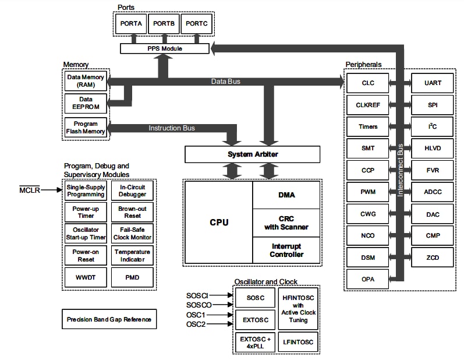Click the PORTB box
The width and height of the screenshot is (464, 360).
(165, 24)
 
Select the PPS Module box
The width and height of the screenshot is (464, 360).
(164, 48)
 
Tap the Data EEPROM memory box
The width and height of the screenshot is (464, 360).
(86, 103)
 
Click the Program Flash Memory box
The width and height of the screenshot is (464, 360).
(86, 127)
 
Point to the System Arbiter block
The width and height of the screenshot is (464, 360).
(252, 154)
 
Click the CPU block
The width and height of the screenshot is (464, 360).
(219, 222)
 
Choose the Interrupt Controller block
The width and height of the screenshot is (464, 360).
(286, 250)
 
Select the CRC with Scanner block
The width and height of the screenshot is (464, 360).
(286, 223)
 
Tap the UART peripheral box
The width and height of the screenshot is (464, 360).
(433, 83)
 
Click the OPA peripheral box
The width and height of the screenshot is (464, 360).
(368, 279)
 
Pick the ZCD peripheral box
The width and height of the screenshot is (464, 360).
(433, 257)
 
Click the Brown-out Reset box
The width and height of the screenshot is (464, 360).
(132, 212)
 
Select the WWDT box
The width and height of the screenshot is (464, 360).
(86, 277)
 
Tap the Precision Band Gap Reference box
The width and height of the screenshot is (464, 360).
(109, 319)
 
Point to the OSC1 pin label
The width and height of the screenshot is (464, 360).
(196, 315)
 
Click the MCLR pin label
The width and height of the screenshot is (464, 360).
(29, 190)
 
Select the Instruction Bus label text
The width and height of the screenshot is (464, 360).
(172, 128)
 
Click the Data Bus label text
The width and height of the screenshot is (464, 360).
(225, 82)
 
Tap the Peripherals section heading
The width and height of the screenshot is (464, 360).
(364, 63)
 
